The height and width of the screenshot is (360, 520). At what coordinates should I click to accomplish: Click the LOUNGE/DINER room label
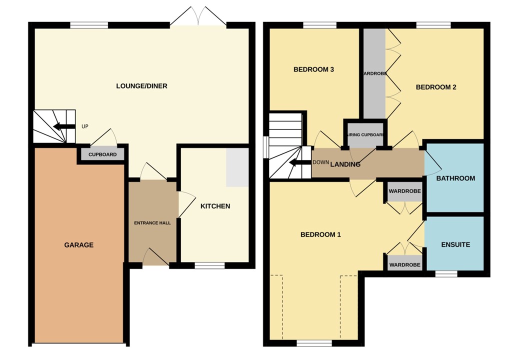click(x=141, y=86)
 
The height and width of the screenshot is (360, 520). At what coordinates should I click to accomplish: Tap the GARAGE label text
click(x=78, y=245)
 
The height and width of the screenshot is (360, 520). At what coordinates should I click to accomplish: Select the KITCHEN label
click(x=215, y=206)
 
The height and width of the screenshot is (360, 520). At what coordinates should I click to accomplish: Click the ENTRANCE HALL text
click(x=152, y=223)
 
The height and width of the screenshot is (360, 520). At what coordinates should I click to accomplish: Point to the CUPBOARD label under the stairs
click(x=102, y=154)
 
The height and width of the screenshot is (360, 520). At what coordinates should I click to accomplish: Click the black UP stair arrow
click(x=63, y=126)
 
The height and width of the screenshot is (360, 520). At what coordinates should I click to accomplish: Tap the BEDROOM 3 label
click(x=313, y=69)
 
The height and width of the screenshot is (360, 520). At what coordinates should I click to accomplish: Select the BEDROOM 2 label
click(x=436, y=87)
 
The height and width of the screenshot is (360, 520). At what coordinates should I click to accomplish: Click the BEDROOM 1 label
click(x=320, y=234)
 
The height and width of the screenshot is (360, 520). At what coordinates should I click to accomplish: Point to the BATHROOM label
click(x=455, y=178)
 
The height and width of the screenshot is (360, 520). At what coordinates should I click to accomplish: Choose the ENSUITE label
click(x=455, y=245)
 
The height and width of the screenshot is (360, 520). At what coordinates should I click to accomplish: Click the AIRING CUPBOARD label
click(x=365, y=135)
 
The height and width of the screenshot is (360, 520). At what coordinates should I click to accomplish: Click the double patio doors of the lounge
click(x=198, y=17)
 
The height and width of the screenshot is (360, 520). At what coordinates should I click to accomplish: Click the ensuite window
click(x=446, y=274)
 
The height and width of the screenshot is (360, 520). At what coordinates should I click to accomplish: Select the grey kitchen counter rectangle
click(x=237, y=167)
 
